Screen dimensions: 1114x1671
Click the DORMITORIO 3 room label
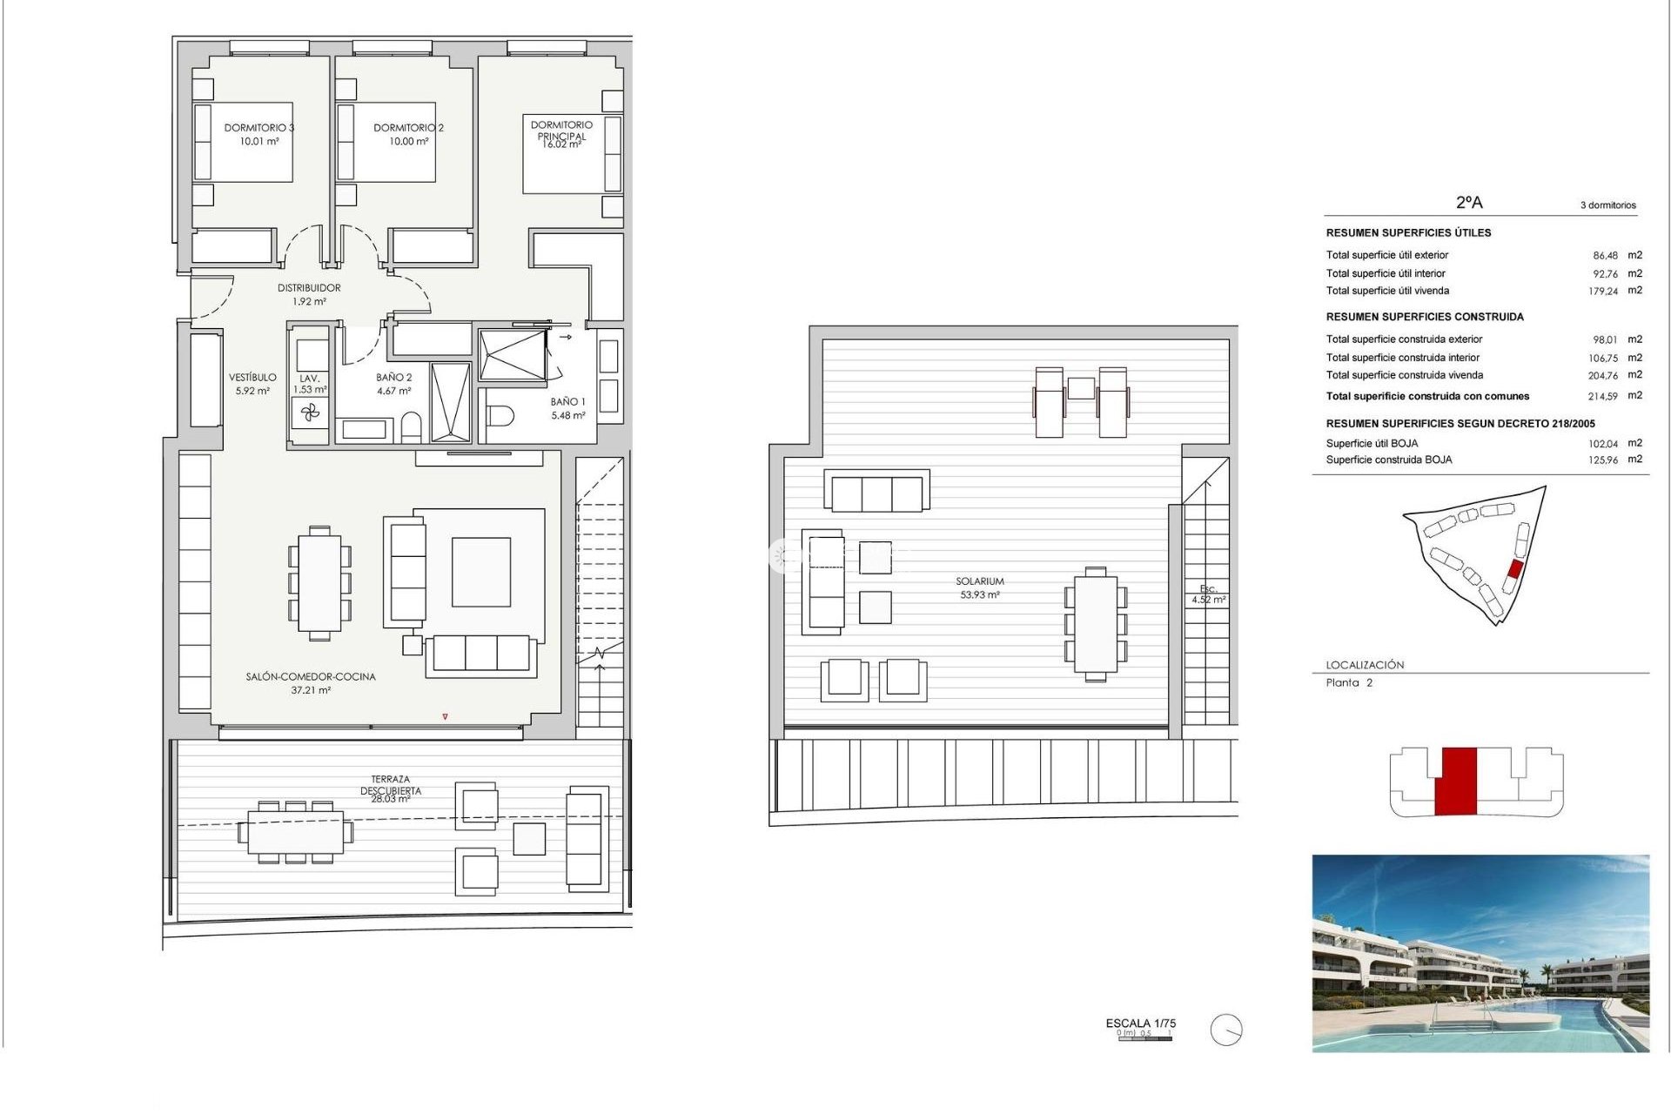coord(258,134)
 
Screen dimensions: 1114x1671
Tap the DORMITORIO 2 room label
coord(408,134)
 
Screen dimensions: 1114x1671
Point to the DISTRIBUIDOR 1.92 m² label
coord(309,294)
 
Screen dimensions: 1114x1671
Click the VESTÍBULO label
coord(252,384)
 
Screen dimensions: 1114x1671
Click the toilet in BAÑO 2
coord(412,427)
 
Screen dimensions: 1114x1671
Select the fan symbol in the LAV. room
coord(311,413)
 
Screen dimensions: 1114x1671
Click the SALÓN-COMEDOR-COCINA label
coord(311,682)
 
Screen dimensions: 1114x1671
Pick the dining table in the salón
coord(319,583)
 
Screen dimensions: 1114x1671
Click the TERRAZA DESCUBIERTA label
coord(391,788)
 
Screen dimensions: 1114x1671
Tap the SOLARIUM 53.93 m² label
coord(980,587)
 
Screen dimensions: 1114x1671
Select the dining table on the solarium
coord(1096,624)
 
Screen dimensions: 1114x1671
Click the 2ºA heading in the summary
coord(1469,202)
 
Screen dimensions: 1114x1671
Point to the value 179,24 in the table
coord(1602,292)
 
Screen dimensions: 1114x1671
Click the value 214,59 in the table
coord(1602,396)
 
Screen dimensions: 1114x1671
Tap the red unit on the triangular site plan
coord(1515,569)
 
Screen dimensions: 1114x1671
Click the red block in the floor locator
coord(1455,781)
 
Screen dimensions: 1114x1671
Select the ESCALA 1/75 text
coord(1140,1023)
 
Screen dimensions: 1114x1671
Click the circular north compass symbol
coord(1225,1030)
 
